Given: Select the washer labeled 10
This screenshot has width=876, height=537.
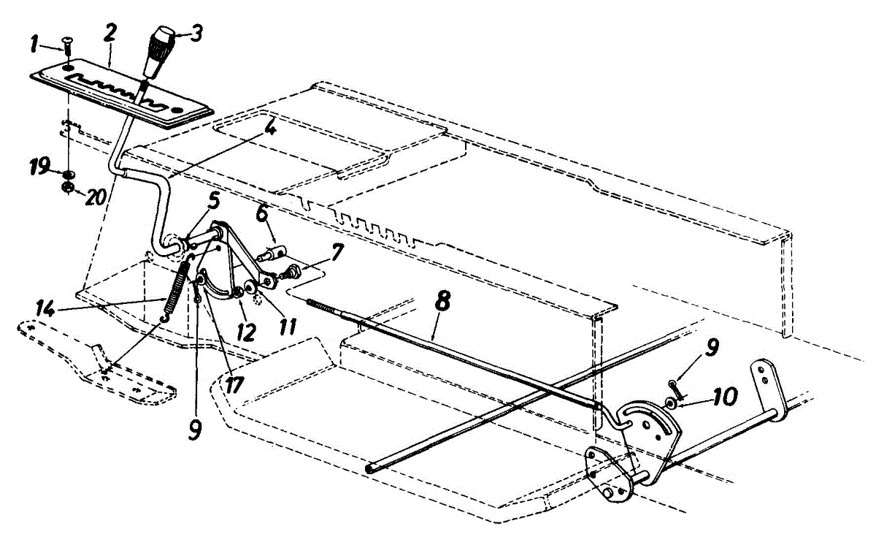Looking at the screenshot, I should (x=670, y=403).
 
